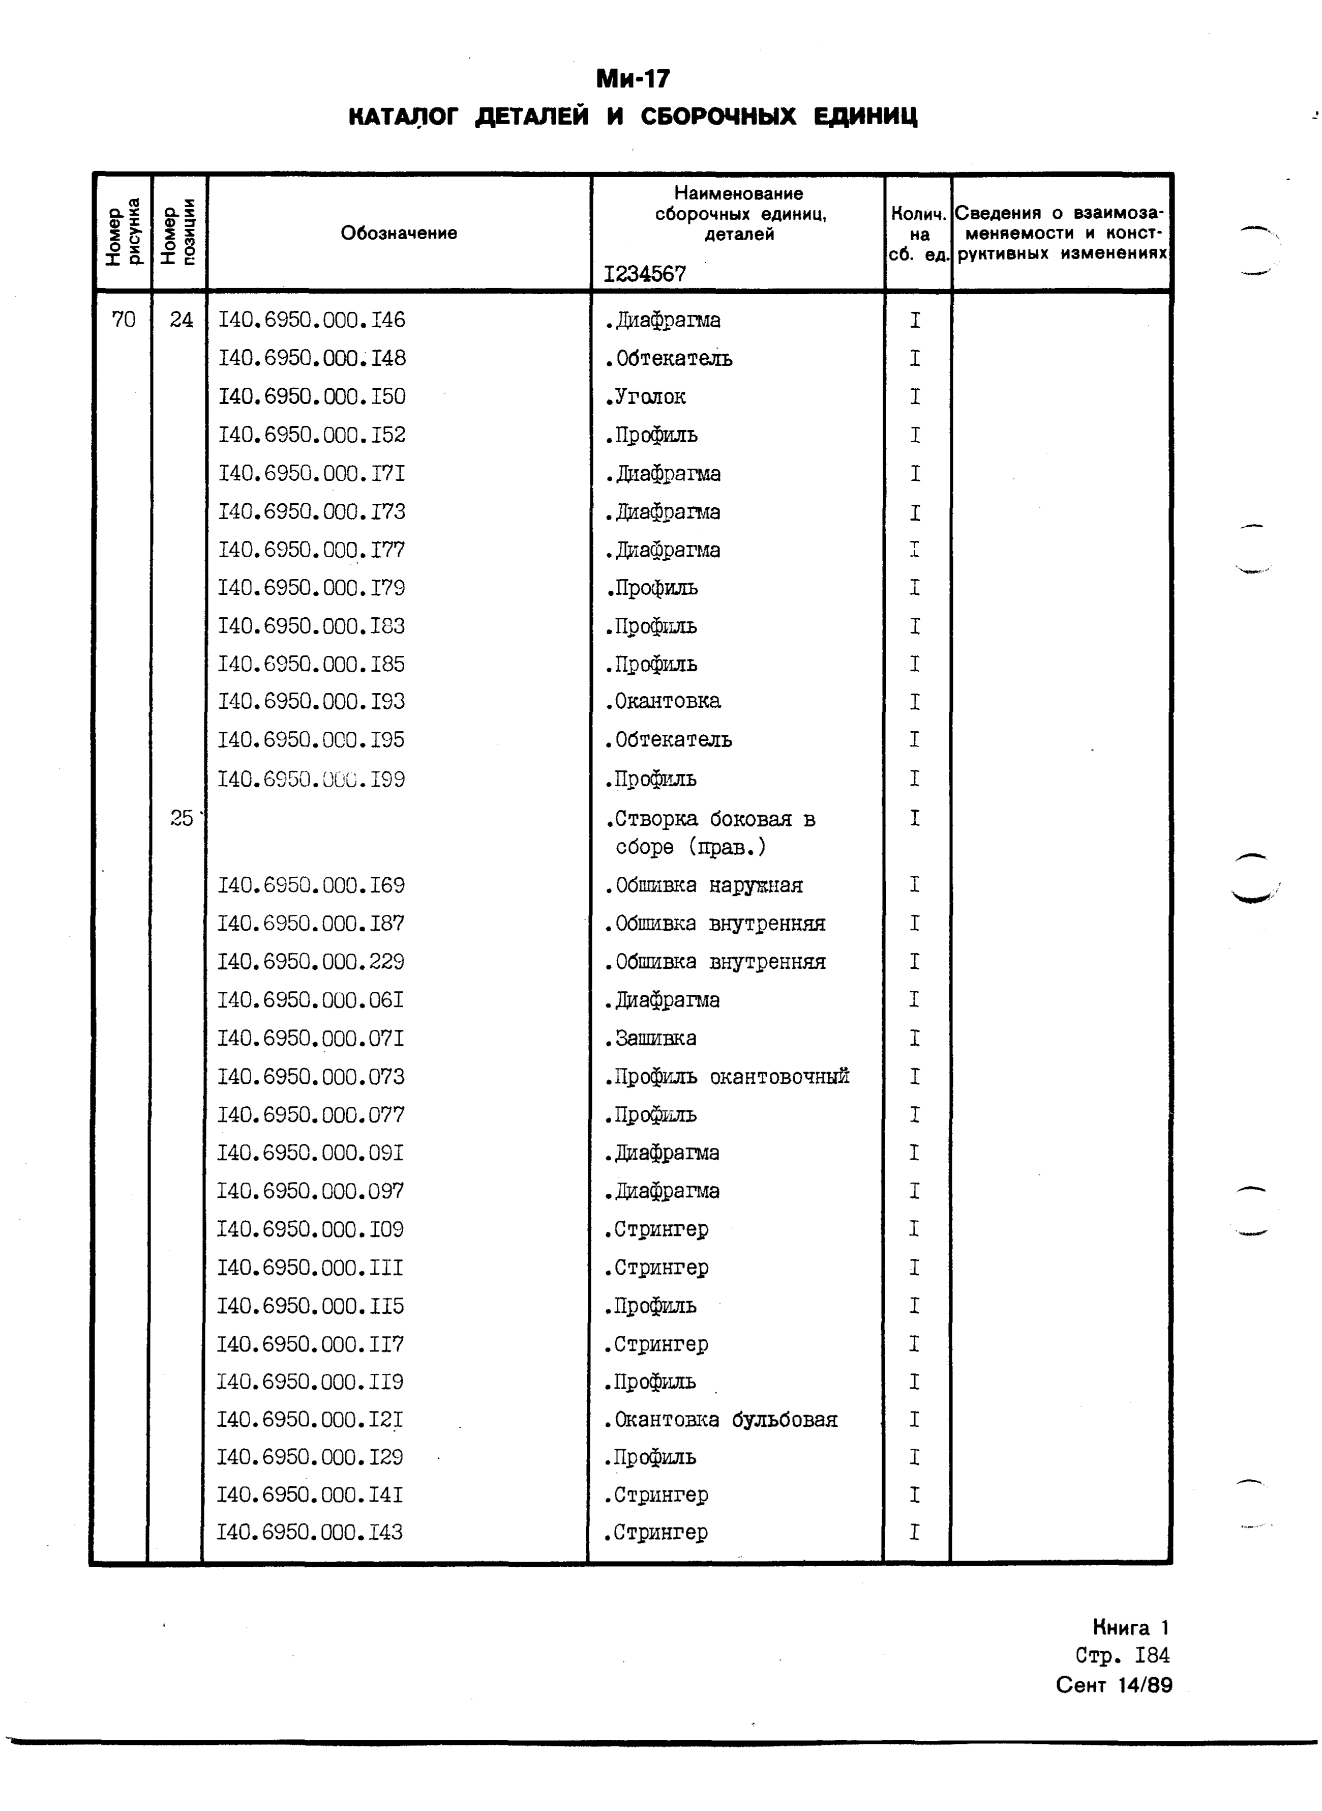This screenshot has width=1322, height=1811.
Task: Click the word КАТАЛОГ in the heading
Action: [x=403, y=117]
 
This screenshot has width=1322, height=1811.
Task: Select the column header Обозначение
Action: [x=399, y=233]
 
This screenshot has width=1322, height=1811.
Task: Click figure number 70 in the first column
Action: [x=123, y=320]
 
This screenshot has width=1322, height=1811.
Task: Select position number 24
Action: [x=182, y=320]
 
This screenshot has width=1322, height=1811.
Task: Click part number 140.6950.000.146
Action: [x=311, y=320]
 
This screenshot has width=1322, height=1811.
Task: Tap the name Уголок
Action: [x=645, y=396]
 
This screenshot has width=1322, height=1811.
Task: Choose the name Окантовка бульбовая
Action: [x=721, y=1420]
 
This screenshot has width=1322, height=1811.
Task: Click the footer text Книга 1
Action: [x=1130, y=1627]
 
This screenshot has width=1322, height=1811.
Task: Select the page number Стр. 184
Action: [x=1122, y=1655]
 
